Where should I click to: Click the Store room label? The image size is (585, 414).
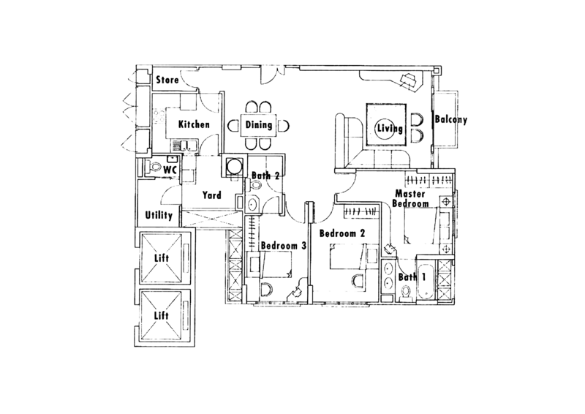point(167,80)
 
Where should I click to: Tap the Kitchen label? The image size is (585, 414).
point(194,124)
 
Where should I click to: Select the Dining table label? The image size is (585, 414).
point(259,124)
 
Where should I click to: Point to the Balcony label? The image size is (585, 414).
point(450,119)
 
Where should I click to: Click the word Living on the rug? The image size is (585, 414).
point(390,129)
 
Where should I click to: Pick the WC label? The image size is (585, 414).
point(170,170)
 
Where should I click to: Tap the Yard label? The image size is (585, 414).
point(211,195)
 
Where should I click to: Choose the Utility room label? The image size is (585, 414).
point(159,215)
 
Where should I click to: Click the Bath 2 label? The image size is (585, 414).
point(265,176)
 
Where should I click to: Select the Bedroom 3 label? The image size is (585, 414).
point(284,246)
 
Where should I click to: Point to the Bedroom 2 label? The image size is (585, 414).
point(342,233)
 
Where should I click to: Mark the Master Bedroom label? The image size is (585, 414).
point(410,199)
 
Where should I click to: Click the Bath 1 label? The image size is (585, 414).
point(412,277)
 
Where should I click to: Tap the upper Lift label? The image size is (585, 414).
point(162,258)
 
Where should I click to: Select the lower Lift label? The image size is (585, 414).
point(162,316)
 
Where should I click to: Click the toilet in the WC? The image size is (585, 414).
point(153,167)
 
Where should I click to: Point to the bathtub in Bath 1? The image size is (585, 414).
point(426,281)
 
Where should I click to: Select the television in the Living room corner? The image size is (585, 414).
point(408,80)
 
